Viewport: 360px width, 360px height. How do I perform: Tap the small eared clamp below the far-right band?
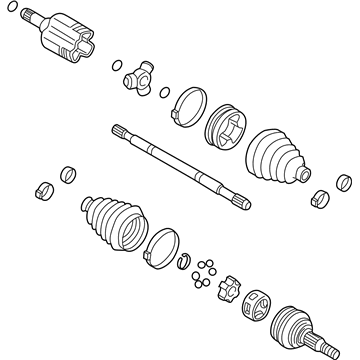coord(321,196)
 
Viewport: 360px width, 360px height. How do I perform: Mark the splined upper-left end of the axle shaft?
coord(119,130)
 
